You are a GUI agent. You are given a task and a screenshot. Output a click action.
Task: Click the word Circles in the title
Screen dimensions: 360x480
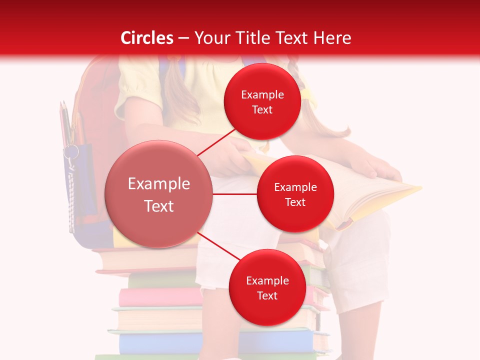point(147,38)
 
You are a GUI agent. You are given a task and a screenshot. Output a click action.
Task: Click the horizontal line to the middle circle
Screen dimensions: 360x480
point(234,194)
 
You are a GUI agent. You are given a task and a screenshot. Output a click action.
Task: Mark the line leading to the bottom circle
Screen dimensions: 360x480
point(219,246)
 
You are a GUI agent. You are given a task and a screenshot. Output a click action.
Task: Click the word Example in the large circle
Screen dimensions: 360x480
point(158,184)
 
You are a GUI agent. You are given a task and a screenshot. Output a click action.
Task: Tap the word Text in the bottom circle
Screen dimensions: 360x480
point(267,295)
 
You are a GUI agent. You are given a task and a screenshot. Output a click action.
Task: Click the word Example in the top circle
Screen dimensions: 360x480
point(262,95)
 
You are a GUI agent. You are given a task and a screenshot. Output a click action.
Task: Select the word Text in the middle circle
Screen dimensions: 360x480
point(295,202)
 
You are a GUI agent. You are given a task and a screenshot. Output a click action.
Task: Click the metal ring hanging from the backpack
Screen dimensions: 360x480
point(70,151)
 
